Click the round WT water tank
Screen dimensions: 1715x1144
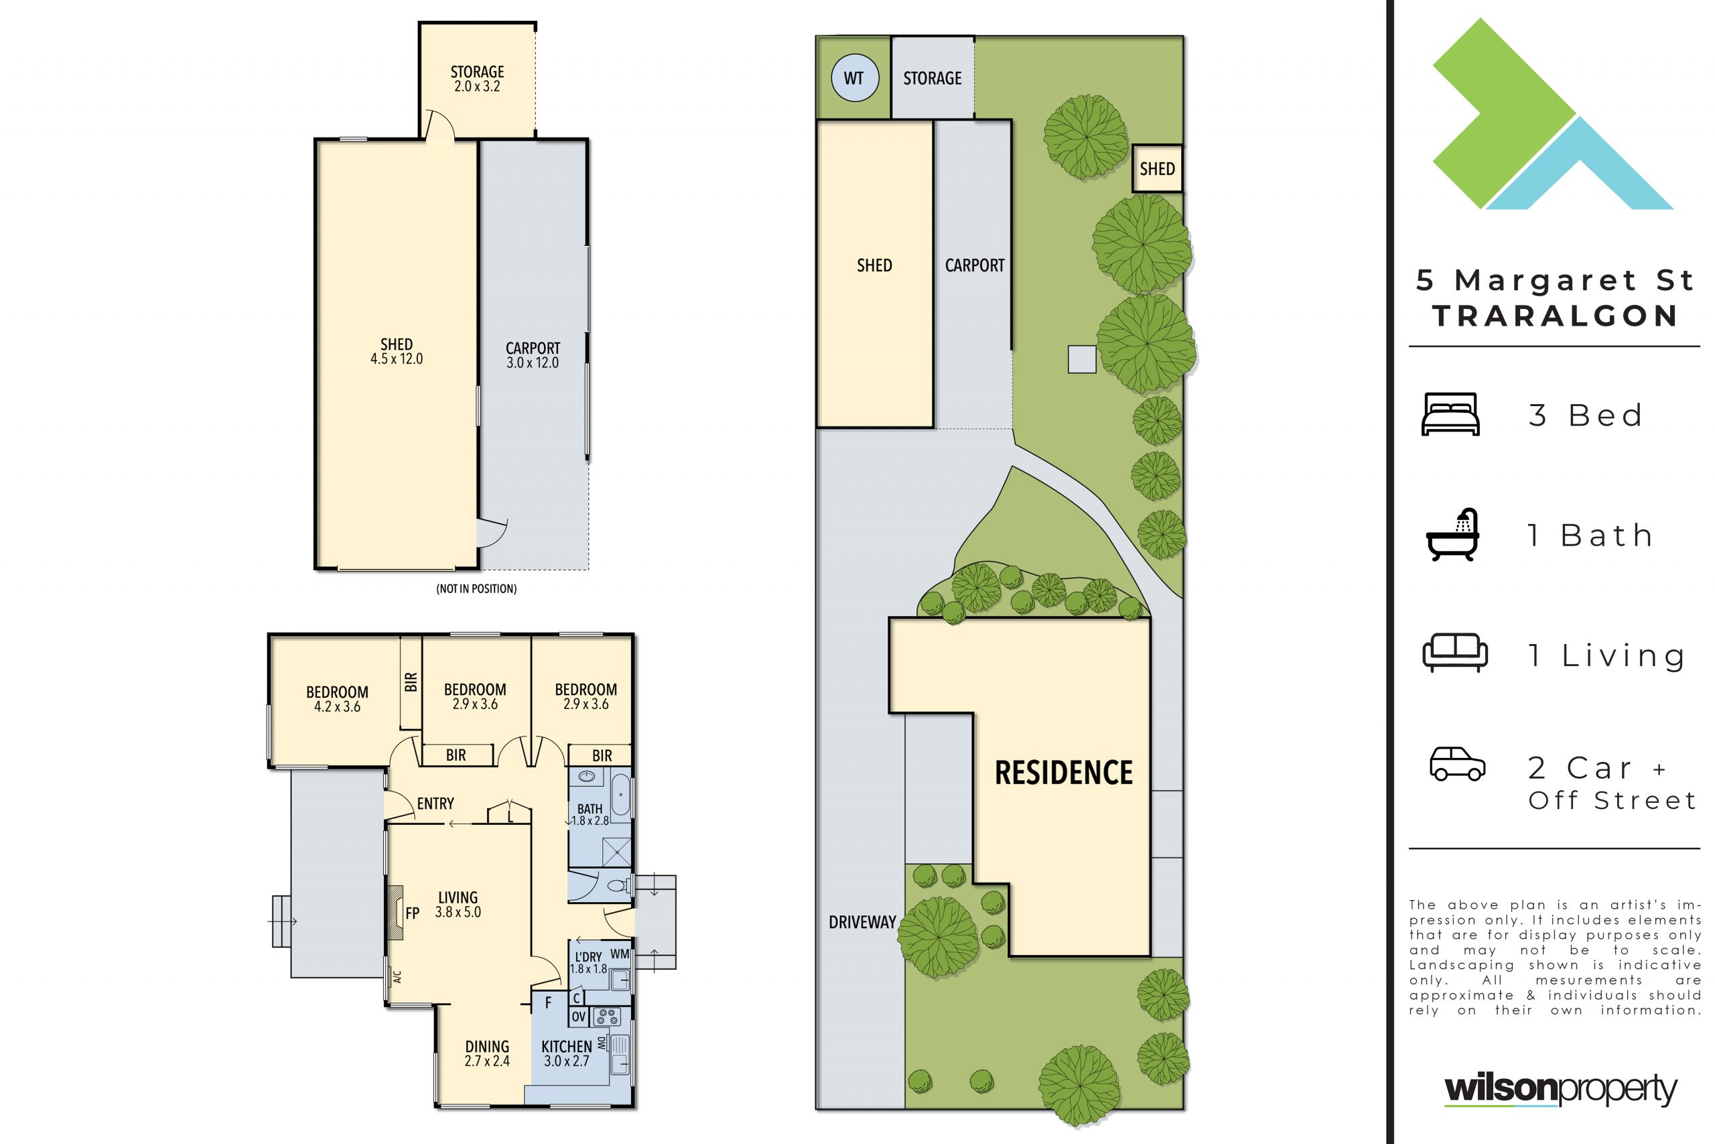[854, 77]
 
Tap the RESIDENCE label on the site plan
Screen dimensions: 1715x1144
[1064, 773]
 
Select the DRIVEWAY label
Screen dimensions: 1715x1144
[862, 922]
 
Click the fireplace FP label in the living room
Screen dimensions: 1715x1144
[412, 913]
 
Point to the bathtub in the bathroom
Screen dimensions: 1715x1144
[620, 796]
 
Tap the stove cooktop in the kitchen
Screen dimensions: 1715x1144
[607, 1016]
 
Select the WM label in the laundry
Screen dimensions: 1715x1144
[620, 954]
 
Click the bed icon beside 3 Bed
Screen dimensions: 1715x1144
[1450, 414]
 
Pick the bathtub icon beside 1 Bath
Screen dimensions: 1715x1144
[1452, 534]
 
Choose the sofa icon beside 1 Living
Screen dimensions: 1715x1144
[1454, 652]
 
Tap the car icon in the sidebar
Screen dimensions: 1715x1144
[1458, 764]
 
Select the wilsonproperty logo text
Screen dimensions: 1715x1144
[1560, 1090]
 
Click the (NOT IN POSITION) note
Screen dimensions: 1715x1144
[476, 589]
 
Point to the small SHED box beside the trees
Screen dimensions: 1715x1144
[1157, 168]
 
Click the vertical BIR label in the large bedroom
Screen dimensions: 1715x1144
[411, 682]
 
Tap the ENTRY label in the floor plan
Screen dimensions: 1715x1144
[435, 804]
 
